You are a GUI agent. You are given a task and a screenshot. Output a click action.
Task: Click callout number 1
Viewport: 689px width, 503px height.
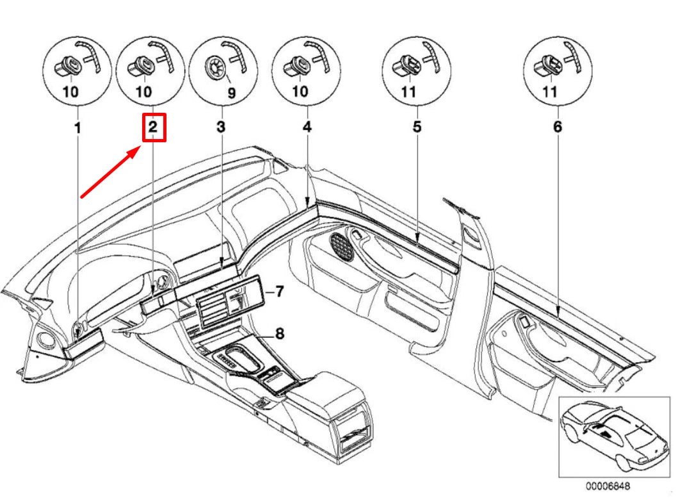77,128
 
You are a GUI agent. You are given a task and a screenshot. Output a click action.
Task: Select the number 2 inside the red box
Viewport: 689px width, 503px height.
152,128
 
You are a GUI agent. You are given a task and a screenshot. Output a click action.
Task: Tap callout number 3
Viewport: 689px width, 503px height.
221,128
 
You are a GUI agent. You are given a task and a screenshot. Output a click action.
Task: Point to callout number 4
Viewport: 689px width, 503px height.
307,128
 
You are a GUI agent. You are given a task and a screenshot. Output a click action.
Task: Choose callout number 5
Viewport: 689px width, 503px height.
417,128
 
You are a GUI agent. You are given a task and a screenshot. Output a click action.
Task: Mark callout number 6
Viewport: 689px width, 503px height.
557,128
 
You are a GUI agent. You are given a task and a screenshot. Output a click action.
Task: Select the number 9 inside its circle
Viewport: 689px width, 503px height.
232,93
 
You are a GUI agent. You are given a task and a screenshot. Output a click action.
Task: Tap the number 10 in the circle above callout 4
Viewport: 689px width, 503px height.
300,92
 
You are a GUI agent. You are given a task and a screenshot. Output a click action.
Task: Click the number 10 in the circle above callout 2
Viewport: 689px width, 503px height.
143,92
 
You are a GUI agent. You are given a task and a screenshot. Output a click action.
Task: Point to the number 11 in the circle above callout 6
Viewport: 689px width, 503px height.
549,92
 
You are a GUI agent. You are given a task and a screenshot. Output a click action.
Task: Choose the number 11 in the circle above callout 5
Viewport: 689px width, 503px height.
408,92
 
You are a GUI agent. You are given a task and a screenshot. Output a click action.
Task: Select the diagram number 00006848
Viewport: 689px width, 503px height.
607,486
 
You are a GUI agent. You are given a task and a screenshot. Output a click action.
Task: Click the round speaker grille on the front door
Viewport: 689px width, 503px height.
343,246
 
